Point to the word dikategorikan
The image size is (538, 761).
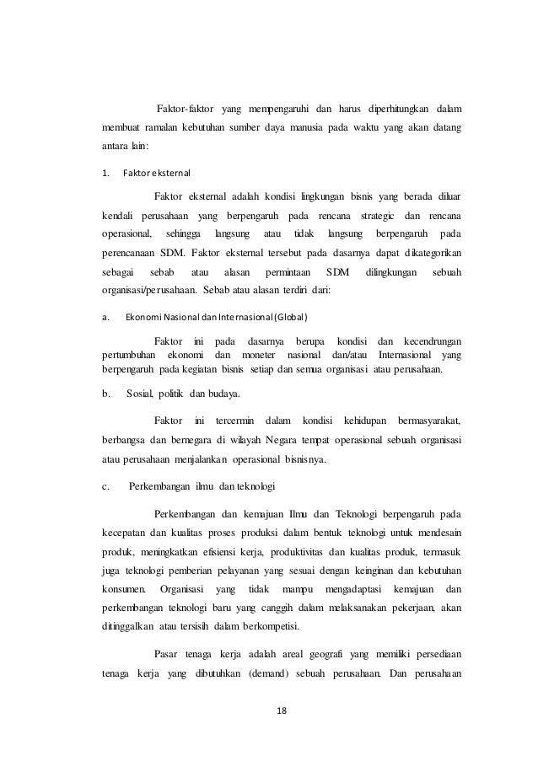click(x=425, y=252)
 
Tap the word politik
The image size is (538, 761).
click(x=172, y=393)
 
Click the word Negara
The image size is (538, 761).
click(x=285, y=439)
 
